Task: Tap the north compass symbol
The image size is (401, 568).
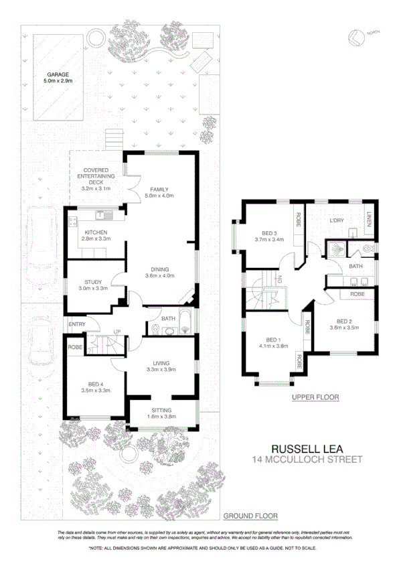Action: pos(355,38)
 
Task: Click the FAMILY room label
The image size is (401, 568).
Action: pos(159,189)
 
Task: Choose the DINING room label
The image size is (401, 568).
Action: pos(159,269)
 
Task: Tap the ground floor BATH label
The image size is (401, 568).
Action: pos(167,317)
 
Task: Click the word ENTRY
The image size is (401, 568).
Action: pos(77,326)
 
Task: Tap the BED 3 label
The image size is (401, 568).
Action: pos(266,232)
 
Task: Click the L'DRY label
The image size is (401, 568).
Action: pos(336,220)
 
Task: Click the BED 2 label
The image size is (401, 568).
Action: pos(345,320)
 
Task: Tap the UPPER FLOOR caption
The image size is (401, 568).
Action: pos(315,397)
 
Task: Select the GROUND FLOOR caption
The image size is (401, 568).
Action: pos(250,516)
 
